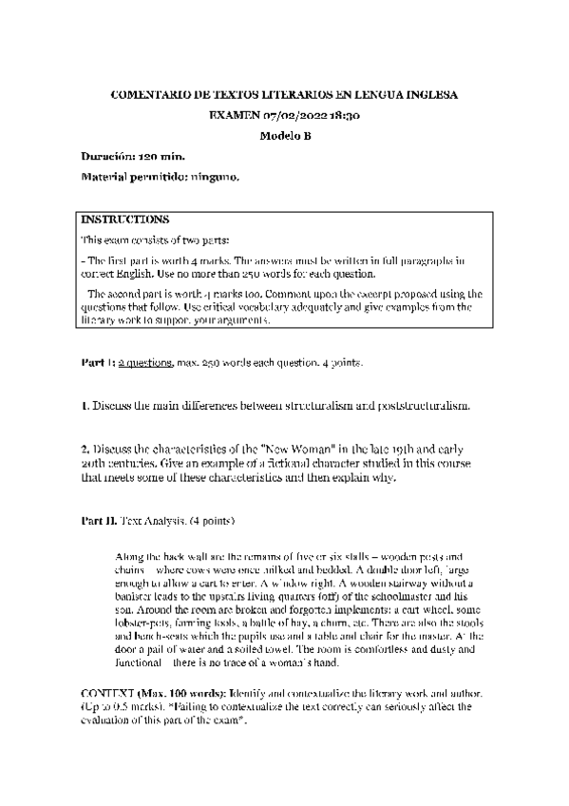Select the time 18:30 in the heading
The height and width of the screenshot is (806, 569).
click(342, 115)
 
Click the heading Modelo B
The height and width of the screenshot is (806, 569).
click(285, 135)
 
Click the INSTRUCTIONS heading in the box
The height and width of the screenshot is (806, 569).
click(125, 219)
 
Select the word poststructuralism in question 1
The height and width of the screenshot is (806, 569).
click(422, 406)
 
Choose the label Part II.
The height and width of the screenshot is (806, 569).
click(98, 522)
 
